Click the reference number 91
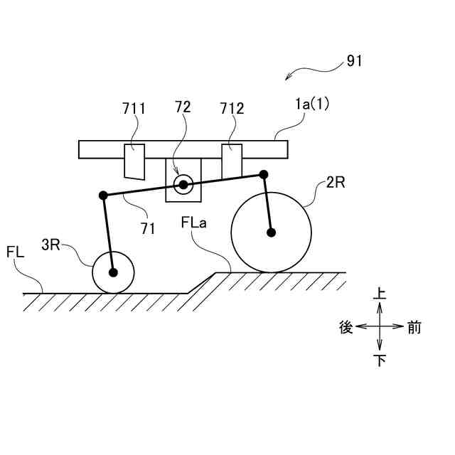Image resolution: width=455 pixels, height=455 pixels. [354, 61]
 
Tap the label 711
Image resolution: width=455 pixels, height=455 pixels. [133, 109]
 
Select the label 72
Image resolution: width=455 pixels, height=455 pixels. [183, 107]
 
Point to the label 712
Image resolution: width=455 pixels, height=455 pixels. [232, 109]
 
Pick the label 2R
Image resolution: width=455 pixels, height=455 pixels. [336, 183]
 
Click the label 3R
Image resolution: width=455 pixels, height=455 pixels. [50, 245]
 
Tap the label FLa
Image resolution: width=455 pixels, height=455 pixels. [193, 223]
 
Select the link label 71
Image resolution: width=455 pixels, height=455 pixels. [148, 227]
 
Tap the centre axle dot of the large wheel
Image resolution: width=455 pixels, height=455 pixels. [271, 232]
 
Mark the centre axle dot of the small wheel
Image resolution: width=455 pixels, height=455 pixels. [112, 272]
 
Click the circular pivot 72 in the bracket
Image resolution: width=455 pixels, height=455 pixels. [183, 185]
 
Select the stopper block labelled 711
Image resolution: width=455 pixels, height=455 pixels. [134, 161]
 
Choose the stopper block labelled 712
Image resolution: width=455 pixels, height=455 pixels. [232, 161]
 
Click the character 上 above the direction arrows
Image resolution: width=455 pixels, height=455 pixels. [380, 293]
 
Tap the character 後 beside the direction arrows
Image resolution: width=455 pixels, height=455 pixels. [346, 327]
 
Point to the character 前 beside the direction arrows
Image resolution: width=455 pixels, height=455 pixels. [414, 327]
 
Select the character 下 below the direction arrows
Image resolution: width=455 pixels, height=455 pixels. [380, 361]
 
